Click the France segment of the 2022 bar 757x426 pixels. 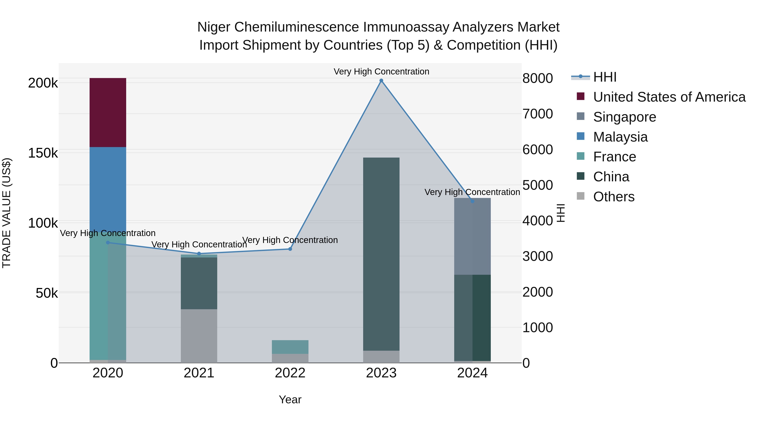pos(290,347)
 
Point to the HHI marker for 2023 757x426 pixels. pos(381,81)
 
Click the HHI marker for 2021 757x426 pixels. pos(199,254)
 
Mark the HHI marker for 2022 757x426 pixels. pos(290,249)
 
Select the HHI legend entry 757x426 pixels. pos(605,77)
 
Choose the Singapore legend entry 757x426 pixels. pos(625,117)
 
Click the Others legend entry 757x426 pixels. pos(614,197)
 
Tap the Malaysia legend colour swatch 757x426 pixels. pos(580,136)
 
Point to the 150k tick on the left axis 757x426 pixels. pos(43,153)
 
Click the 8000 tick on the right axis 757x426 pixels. pos(537,78)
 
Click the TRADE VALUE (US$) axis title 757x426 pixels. pos(7,213)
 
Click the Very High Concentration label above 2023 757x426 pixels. pos(381,72)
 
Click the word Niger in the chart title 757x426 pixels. pos(214,27)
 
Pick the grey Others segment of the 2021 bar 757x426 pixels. pos(199,336)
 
